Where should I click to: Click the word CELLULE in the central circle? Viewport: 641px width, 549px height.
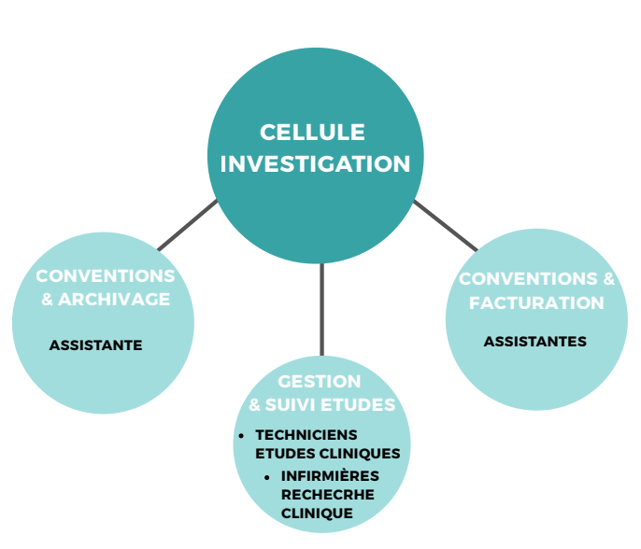pos(312,133)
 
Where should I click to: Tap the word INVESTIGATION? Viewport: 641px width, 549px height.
pos(315,164)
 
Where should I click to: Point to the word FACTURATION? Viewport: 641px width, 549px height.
pos(536,303)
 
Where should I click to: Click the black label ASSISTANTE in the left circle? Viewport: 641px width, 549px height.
pos(95,345)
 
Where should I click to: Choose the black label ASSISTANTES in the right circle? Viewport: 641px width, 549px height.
pos(534,342)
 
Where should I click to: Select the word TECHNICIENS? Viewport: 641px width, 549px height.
pos(306,435)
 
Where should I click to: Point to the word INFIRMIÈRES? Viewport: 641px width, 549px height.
pos(326,476)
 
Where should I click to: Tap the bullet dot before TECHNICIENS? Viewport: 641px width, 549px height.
pos(242,436)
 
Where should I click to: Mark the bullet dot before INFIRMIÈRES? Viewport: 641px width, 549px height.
pos(267,477)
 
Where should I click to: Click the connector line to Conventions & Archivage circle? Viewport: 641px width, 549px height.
pos(187,225)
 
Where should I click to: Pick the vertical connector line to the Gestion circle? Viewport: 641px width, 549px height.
pos(321,308)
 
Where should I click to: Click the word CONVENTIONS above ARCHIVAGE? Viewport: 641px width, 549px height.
pos(105,277)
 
